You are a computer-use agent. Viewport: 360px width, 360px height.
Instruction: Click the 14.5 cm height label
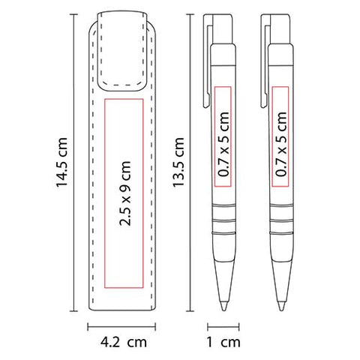[61, 162]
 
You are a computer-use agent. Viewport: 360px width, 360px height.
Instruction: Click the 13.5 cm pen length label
[178, 162]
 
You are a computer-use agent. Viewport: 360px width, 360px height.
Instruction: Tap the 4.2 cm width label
[124, 342]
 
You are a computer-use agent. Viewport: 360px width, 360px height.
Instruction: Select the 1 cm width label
[223, 342]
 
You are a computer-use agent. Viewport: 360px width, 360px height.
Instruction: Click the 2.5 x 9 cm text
[125, 193]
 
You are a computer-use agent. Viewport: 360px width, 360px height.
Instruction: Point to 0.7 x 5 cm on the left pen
[223, 144]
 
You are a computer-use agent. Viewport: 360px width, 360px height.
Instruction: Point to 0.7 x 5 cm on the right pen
[280, 144]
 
